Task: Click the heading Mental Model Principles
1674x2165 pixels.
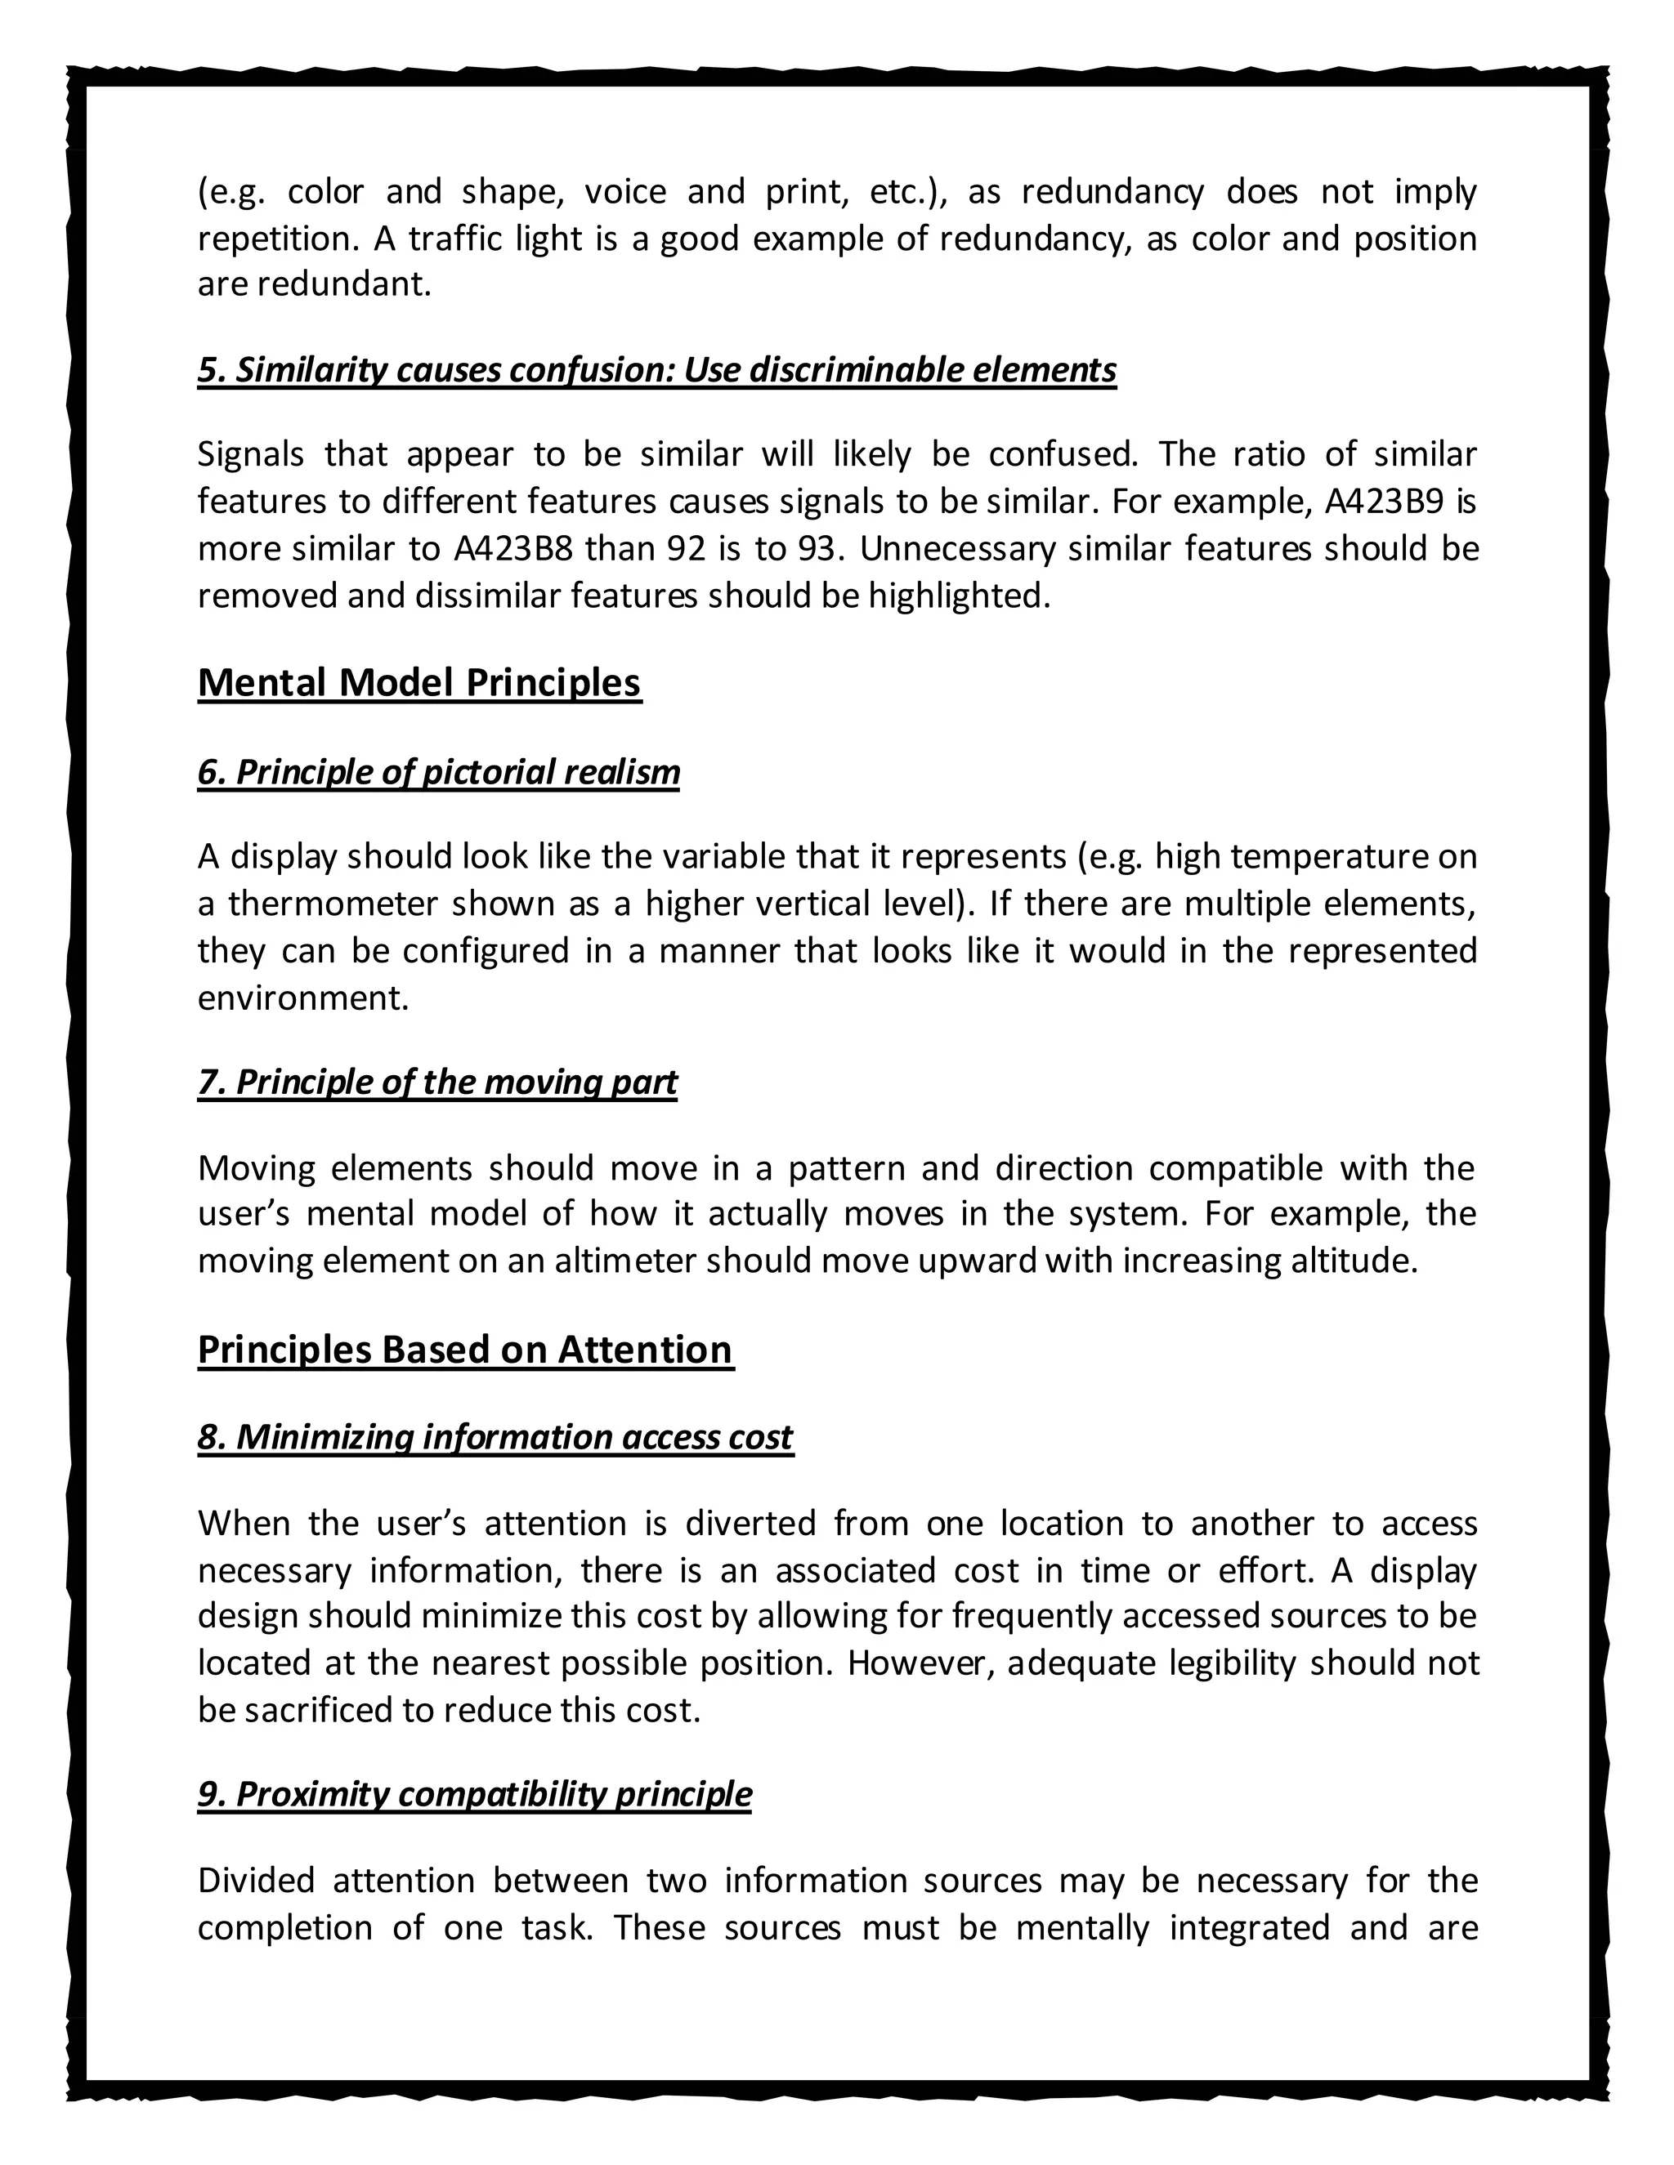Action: pyautogui.click(x=419, y=683)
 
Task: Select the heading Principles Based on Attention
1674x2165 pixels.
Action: pyautogui.click(x=465, y=1349)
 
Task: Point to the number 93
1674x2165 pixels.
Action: pyautogui.click(x=817, y=548)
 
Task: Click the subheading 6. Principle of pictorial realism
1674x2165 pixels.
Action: pyautogui.click(x=438, y=771)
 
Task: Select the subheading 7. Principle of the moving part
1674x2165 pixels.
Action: pyautogui.click(x=437, y=1082)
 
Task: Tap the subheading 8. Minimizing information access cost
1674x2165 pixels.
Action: pyautogui.click(x=495, y=1436)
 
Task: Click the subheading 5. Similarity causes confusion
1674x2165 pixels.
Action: pyautogui.click(x=656, y=370)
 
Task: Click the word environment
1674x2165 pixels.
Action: pyautogui.click(x=302, y=998)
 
